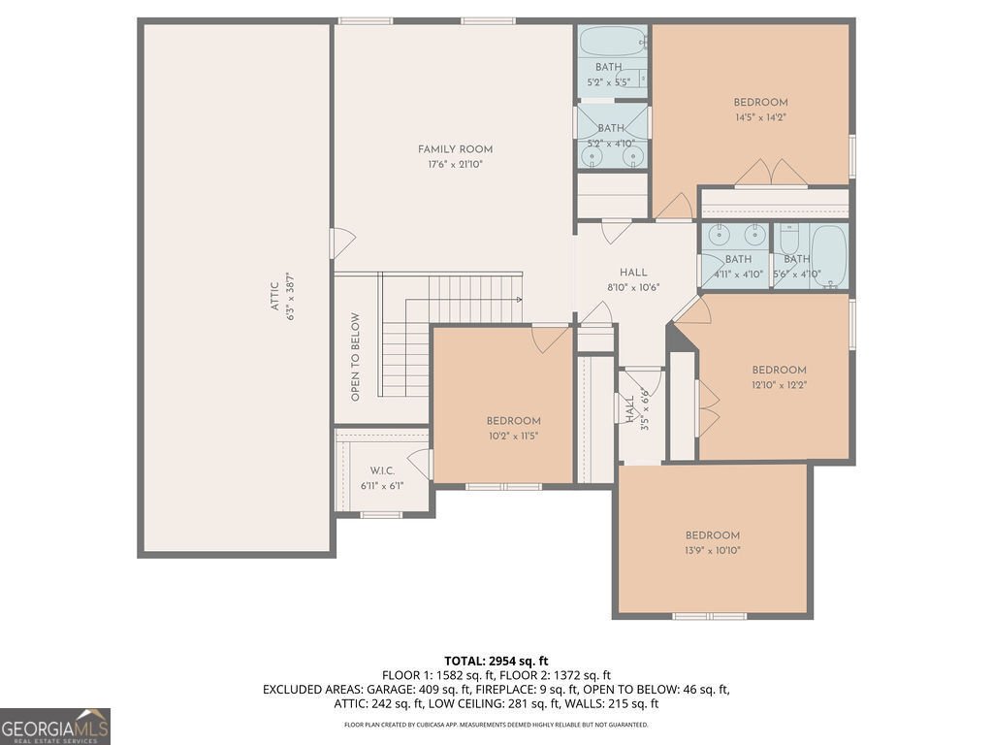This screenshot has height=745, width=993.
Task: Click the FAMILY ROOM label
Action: point(455,149)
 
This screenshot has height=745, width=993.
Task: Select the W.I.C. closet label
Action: point(381,470)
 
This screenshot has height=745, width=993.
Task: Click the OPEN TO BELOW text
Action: point(356,357)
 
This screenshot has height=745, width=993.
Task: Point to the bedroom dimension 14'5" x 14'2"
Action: point(759,117)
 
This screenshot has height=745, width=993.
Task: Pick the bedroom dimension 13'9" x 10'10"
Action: point(712,551)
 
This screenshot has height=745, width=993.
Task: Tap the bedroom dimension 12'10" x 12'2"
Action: point(779,385)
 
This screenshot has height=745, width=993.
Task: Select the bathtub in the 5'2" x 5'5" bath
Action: point(611,43)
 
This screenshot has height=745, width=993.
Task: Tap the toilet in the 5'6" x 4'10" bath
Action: point(788,239)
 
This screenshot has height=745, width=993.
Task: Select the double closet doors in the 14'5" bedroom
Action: point(771,175)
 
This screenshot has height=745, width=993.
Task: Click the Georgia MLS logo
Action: point(55,727)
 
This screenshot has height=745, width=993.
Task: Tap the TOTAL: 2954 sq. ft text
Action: point(496,661)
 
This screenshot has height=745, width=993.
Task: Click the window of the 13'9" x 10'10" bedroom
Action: point(709,616)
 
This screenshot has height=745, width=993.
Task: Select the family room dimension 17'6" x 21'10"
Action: point(455,165)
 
